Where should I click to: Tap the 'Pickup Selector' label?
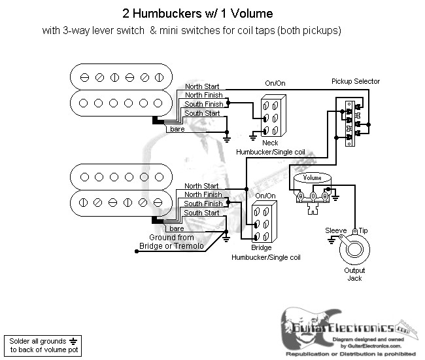355,81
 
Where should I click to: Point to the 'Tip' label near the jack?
364,230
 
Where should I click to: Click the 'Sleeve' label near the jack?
337,230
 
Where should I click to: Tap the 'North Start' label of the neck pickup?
203,86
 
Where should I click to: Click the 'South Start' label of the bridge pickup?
202,213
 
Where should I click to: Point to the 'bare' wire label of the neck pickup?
177,129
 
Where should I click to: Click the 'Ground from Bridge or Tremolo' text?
171,242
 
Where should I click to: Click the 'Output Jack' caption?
355,274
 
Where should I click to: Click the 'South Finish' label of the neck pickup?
203,104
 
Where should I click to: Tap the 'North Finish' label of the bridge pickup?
203,194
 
